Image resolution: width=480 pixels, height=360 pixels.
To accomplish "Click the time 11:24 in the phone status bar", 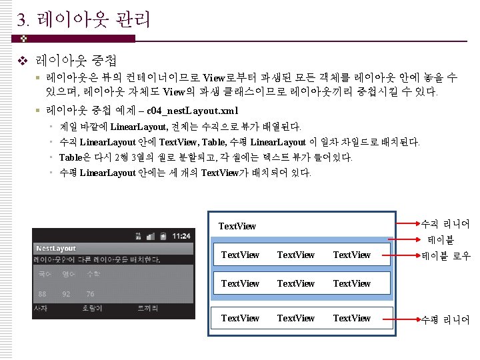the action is click(181, 236).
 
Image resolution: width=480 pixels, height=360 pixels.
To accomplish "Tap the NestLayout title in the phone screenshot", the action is click(56, 248).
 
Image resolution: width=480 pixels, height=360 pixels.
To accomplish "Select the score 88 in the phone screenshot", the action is click(43, 293).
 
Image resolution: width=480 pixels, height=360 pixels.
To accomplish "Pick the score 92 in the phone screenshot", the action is click(66, 293).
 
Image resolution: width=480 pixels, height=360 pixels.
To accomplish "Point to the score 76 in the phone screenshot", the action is click(90, 293).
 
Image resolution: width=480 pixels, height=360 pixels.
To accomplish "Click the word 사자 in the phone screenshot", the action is click(41, 309).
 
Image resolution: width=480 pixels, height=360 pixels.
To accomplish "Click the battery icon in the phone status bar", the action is click(165, 236).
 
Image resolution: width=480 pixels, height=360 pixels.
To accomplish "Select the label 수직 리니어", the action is click(445, 224).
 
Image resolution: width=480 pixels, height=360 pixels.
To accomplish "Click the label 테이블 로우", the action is click(445, 255).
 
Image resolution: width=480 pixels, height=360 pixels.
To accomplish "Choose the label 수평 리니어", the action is click(445, 320).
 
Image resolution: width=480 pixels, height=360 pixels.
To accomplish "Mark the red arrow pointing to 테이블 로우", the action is click(401, 255).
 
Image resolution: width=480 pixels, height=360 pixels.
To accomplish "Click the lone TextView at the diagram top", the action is click(237, 226).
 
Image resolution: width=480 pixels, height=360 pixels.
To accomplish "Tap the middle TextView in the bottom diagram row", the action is click(296, 318).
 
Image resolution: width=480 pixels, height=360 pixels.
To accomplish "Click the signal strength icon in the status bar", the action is click(153, 236).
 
